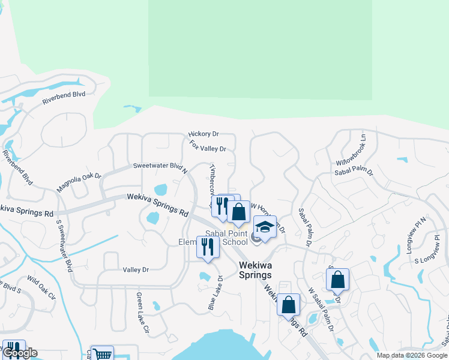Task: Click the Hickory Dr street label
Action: click(x=203, y=134)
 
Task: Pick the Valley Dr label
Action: click(x=136, y=270)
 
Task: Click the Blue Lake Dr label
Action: click(x=215, y=293)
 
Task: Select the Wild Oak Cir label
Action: click(x=41, y=288)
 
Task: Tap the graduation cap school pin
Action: click(x=265, y=227)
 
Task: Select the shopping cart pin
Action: click(x=103, y=355)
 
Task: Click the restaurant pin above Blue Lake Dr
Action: click(x=208, y=246)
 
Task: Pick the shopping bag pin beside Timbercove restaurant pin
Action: click(x=238, y=211)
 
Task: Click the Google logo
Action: click(x=19, y=353)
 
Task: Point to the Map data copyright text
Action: click(x=411, y=355)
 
